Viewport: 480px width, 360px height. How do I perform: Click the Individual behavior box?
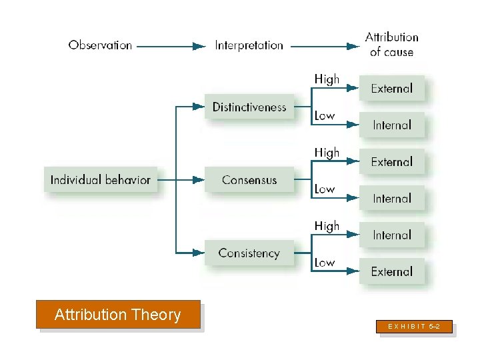click(101, 179)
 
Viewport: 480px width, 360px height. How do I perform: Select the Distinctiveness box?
click(249, 107)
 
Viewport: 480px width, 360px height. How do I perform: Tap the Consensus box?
click(249, 179)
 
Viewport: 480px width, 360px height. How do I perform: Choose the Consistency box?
click(249, 253)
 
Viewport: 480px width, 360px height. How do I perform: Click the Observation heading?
click(100, 45)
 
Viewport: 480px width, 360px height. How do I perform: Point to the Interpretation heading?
click(249, 45)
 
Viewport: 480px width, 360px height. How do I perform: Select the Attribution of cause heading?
click(392, 45)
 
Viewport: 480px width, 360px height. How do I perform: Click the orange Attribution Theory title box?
click(118, 315)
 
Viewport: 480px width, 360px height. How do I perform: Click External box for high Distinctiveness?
click(392, 88)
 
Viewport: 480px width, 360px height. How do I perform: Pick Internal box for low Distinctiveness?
click(392, 125)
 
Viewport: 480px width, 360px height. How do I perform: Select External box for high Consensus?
click(392, 161)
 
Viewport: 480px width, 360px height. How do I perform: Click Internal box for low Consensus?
click(392, 198)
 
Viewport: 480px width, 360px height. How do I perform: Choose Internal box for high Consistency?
click(392, 235)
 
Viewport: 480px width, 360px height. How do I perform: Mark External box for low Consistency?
click(392, 271)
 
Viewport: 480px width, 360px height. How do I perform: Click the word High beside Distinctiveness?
click(327, 79)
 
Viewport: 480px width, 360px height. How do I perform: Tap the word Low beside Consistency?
click(325, 262)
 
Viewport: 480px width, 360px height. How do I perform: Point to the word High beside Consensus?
click(327, 153)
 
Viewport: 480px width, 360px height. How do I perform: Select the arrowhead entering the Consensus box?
click(198, 179)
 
